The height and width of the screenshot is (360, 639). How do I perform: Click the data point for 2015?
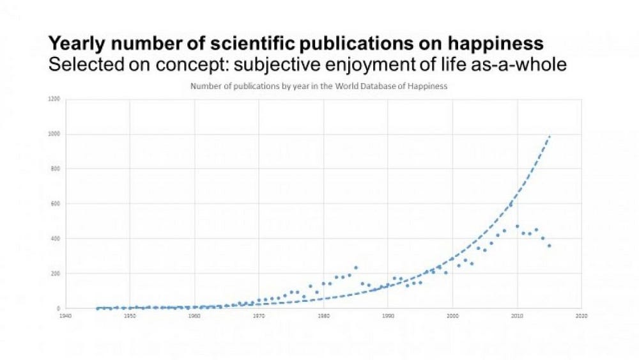click(x=549, y=246)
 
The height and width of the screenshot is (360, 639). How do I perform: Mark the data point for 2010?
click(x=517, y=226)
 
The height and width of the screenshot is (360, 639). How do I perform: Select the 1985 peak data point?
click(x=356, y=267)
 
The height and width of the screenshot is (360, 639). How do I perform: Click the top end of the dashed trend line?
click(x=550, y=136)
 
